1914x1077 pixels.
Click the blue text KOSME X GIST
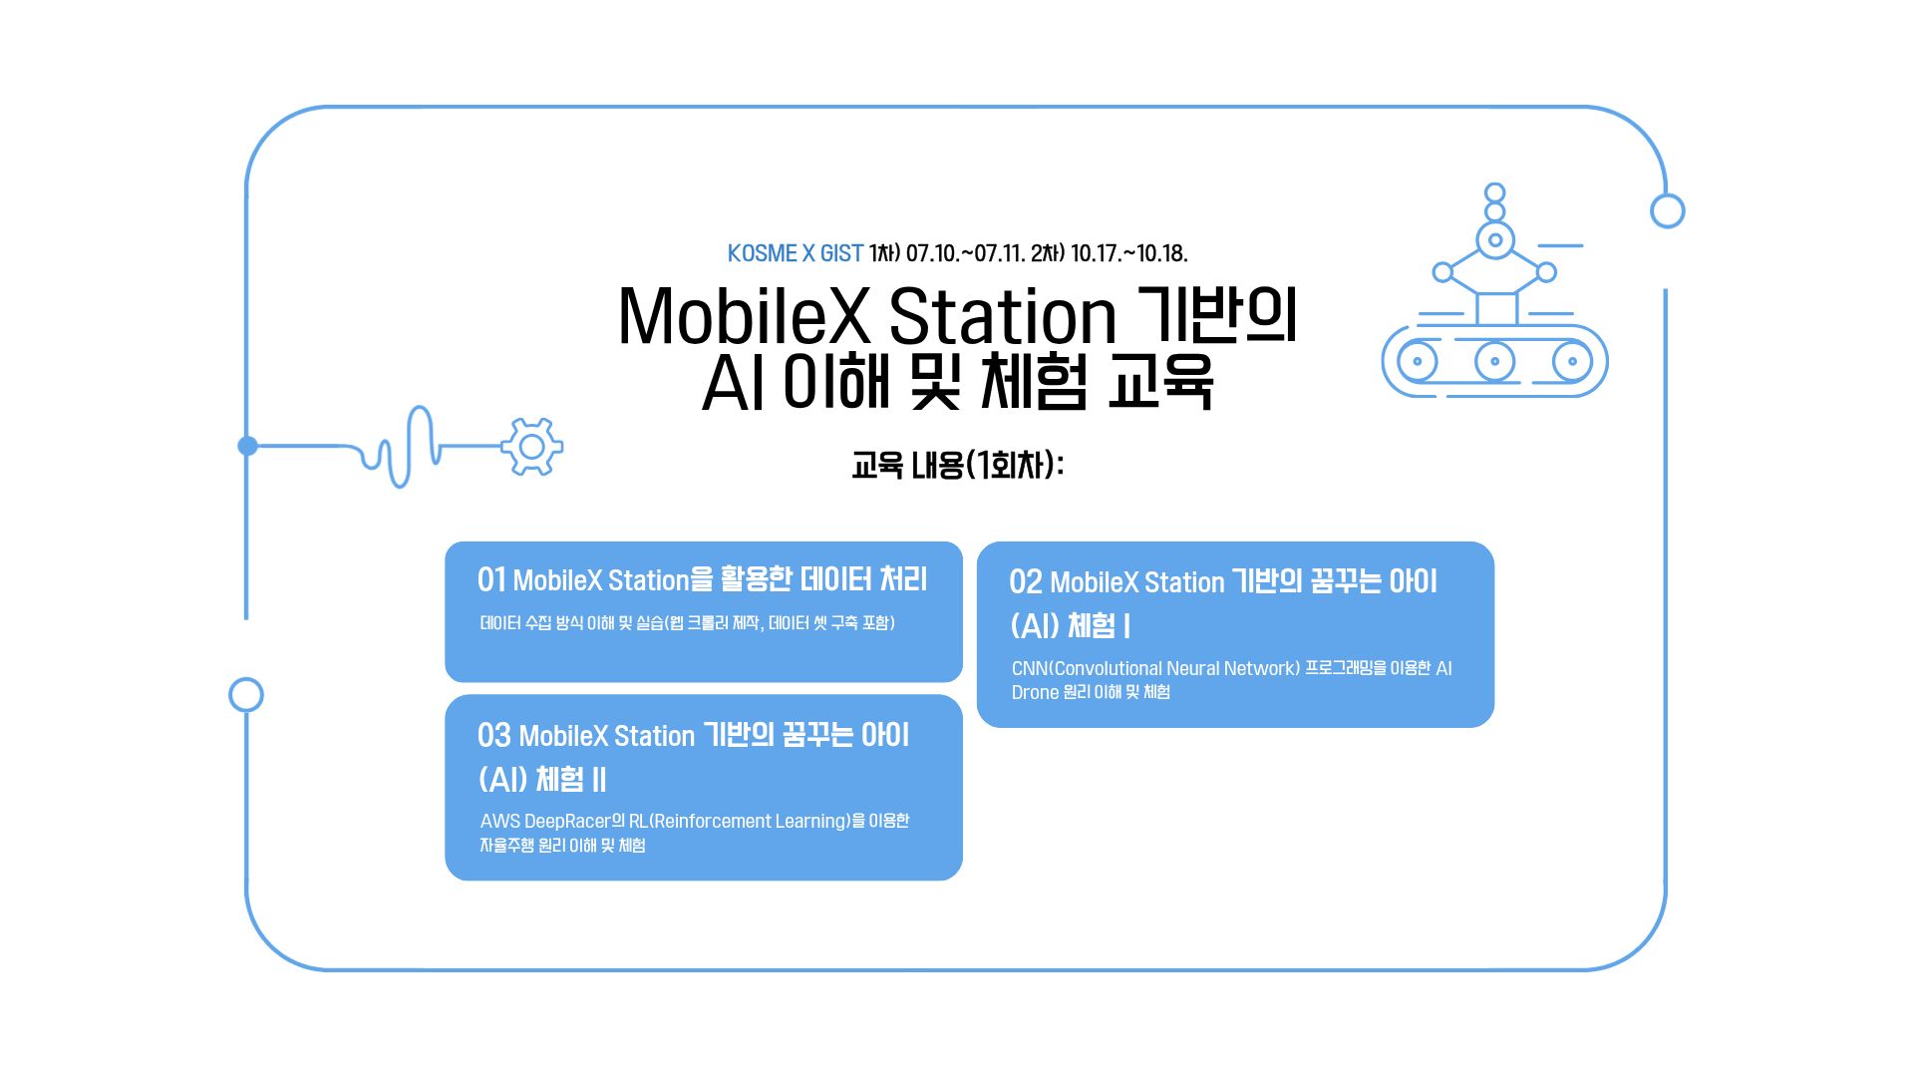(795, 253)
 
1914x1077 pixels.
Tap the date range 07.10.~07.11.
(965, 253)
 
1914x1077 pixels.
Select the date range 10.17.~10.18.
(1128, 253)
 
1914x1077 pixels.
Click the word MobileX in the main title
(744, 317)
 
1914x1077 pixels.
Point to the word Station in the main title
(1002, 317)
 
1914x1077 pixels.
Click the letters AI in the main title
(733, 383)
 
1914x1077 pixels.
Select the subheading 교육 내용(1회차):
(957, 465)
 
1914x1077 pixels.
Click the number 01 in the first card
(491, 579)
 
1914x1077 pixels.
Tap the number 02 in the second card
(1025, 581)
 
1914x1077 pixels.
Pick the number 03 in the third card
(493, 735)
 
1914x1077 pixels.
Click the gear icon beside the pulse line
(532, 446)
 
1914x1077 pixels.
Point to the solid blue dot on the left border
(248, 446)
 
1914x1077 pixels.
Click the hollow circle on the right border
(1667, 211)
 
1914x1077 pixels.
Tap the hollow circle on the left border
(246, 695)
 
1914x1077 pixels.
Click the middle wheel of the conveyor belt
(1494, 361)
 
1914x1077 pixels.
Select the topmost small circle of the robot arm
(1494, 192)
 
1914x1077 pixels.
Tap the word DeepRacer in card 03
(567, 821)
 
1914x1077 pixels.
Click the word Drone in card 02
(1035, 692)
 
